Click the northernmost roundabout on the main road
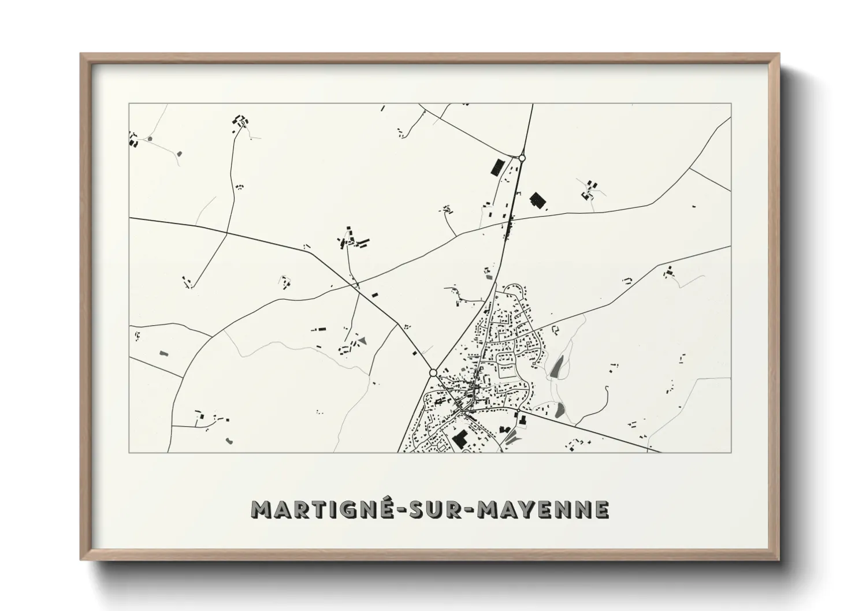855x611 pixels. (522, 158)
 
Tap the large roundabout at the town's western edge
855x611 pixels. (433, 372)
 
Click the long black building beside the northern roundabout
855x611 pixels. (496, 167)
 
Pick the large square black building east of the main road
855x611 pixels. (538, 200)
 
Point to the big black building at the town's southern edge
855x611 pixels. (460, 439)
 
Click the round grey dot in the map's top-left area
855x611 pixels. (150, 139)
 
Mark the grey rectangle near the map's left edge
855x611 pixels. (162, 352)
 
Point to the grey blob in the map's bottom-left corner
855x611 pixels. (229, 441)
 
